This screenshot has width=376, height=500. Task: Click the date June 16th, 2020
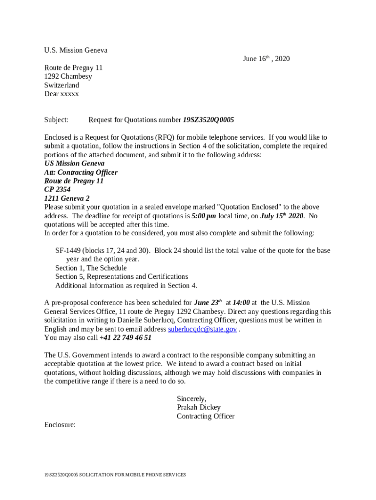(x=266, y=59)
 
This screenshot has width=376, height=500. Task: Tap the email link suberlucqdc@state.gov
(x=202, y=329)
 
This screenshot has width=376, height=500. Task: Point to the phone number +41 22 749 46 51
(x=125, y=337)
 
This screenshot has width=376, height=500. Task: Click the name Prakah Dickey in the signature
(x=199, y=407)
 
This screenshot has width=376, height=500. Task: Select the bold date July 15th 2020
(x=282, y=216)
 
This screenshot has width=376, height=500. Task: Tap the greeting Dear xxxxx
(x=62, y=94)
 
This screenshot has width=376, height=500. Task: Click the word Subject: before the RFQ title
(x=56, y=120)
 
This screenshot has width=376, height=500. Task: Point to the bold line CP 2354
(x=57, y=189)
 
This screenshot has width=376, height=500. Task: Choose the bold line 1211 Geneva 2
(x=67, y=198)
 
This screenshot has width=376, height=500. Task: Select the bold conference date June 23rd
(x=208, y=303)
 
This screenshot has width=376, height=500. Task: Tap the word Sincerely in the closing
(x=191, y=398)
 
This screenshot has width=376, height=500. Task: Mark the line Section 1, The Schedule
(x=91, y=268)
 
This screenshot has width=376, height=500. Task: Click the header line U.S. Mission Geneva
(x=76, y=50)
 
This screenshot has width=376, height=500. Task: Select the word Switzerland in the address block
(x=62, y=85)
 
